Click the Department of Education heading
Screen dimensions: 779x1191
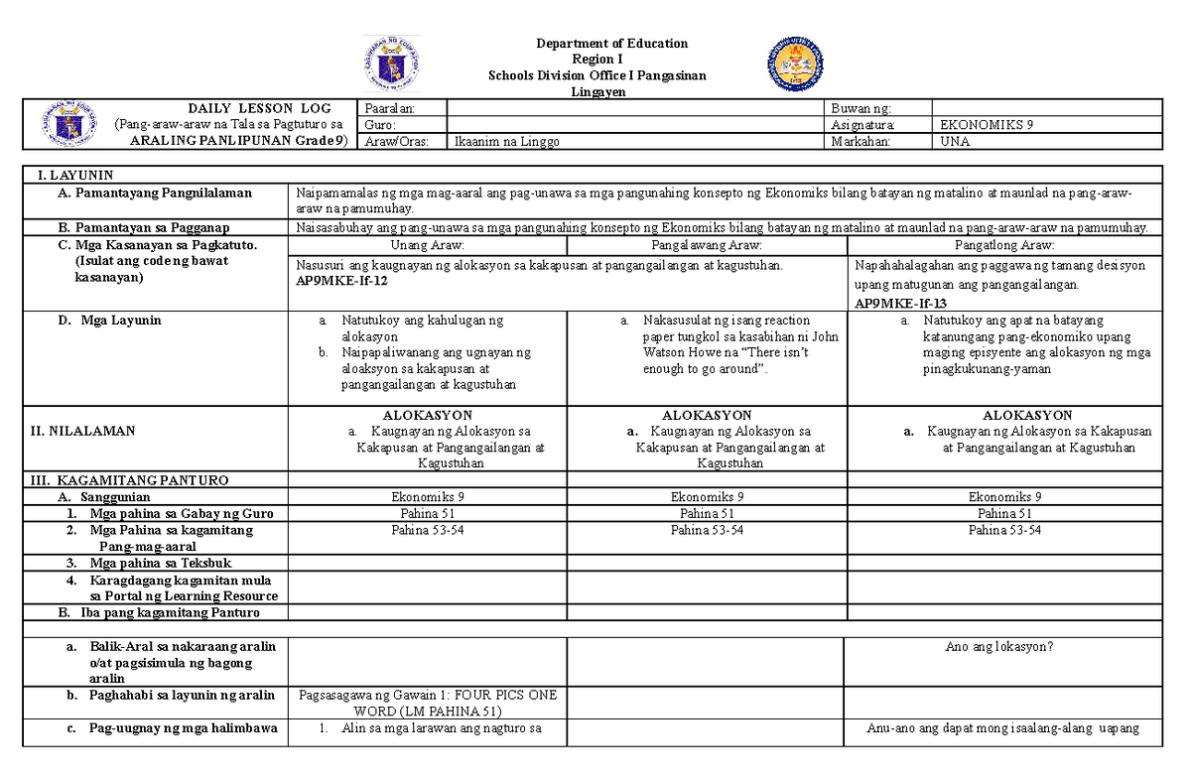click(x=611, y=44)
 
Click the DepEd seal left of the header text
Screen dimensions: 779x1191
click(x=391, y=64)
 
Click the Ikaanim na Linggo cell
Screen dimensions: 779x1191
click(x=506, y=142)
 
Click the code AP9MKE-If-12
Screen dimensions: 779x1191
click(x=341, y=281)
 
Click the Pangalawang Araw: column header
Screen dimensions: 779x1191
click(x=707, y=244)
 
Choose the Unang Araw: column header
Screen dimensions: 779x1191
click(x=427, y=244)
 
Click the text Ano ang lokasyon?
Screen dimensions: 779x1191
click(x=1000, y=647)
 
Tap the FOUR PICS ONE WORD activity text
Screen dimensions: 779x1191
click(x=427, y=704)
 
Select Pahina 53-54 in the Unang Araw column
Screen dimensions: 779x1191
click(x=427, y=531)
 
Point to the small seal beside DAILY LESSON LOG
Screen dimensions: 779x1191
click(x=66, y=125)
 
